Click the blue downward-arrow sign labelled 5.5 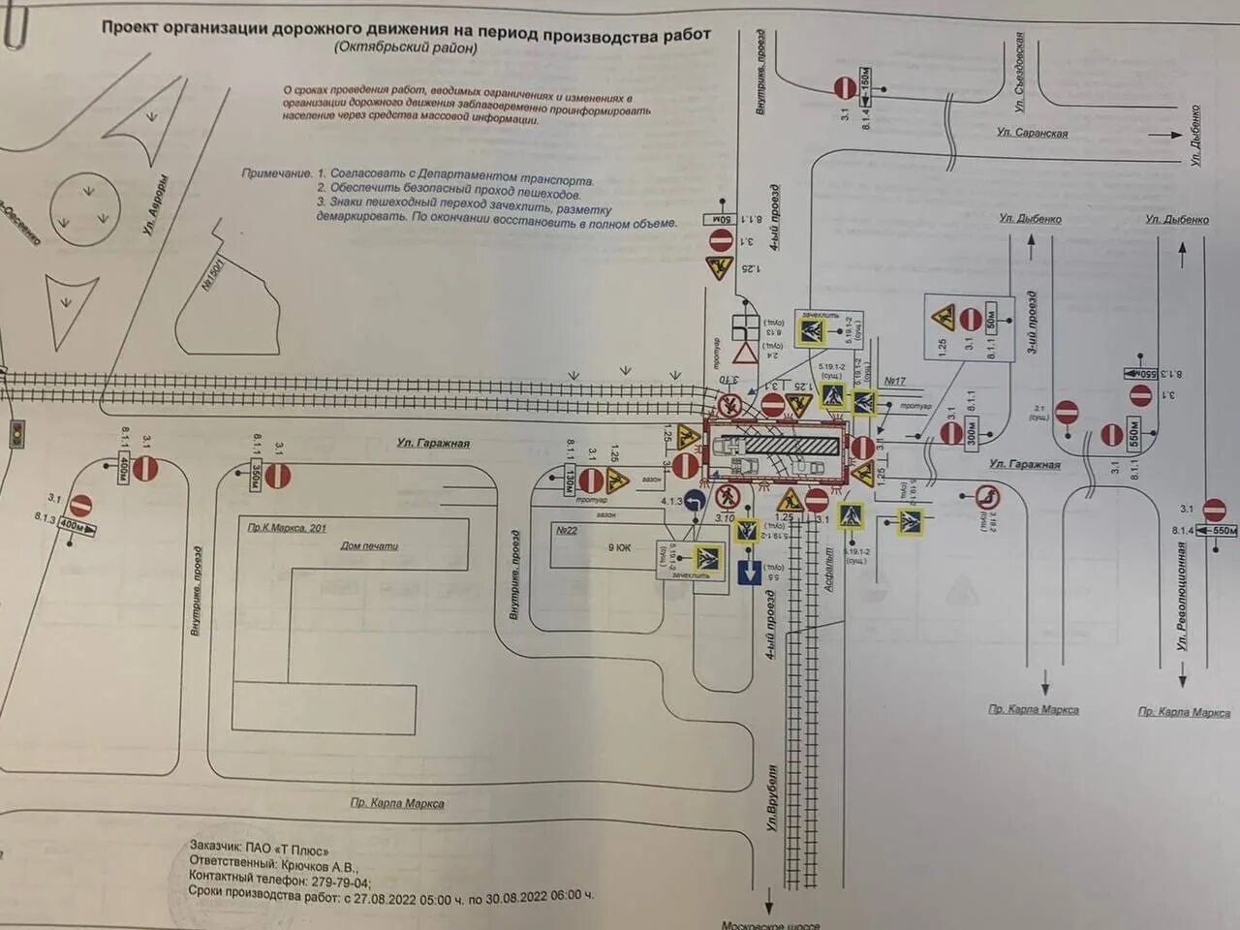749,572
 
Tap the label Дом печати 369,546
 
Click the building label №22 567,530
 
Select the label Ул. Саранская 1032,133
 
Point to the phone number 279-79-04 340,882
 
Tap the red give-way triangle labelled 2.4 744,353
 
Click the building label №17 894,381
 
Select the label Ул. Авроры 155,205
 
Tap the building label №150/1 212,274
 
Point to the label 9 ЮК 619,548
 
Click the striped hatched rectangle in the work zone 786,445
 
